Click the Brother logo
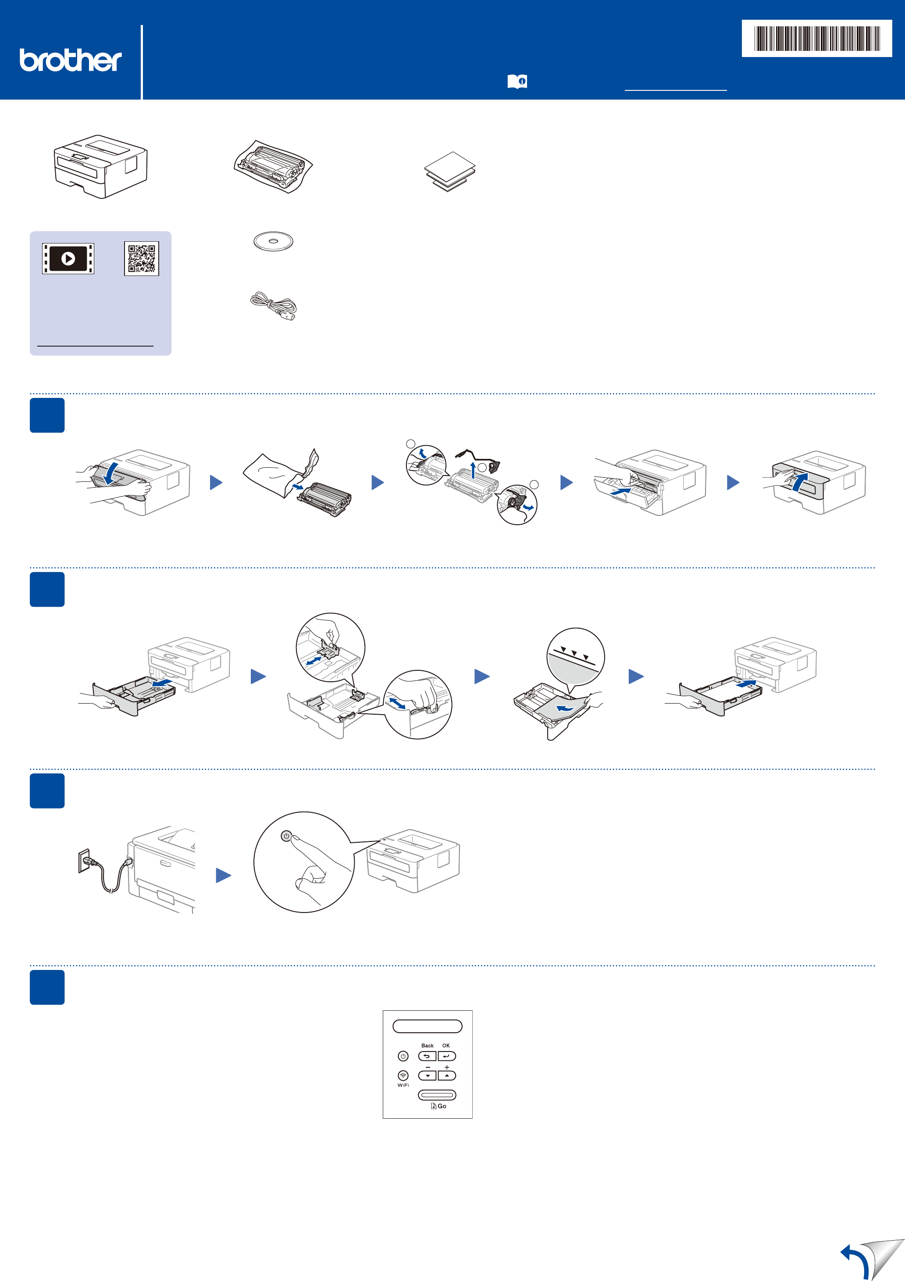click(x=70, y=60)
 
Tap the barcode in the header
click(x=816, y=39)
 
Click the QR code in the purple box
click(x=142, y=258)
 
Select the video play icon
click(x=68, y=259)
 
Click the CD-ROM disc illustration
click(x=273, y=242)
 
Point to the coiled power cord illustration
click(x=274, y=306)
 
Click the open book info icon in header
click(x=517, y=82)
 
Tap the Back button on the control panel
click(x=427, y=1056)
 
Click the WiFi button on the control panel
click(x=403, y=1075)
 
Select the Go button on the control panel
click(x=437, y=1095)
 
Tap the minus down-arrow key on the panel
click(x=427, y=1075)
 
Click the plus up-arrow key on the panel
click(x=447, y=1075)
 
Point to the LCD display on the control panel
click(x=428, y=1026)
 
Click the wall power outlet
click(x=84, y=860)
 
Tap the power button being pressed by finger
click(x=286, y=836)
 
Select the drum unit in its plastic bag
click(x=273, y=166)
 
